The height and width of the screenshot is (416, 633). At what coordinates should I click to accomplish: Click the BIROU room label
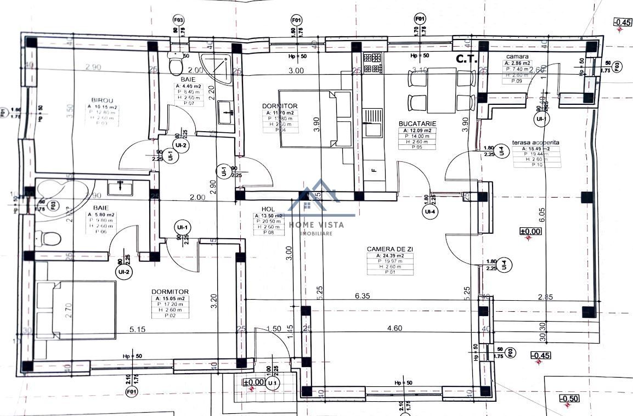coord(102,100)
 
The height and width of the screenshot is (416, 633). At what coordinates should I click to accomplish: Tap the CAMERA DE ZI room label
coord(390,249)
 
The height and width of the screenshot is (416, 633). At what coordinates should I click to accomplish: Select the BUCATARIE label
coord(417,123)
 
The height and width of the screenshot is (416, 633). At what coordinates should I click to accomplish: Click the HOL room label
coord(268,209)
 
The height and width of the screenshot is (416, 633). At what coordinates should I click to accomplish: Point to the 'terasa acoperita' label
coord(535,142)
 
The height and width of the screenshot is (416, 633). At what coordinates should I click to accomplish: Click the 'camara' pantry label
coord(517,57)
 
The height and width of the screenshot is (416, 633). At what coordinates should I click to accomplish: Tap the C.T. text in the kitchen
coord(467,58)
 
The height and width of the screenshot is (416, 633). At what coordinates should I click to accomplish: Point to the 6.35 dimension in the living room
coord(363,295)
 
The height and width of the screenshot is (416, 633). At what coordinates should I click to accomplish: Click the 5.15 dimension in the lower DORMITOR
coord(140,329)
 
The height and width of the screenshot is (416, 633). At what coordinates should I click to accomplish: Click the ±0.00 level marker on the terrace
coord(530,231)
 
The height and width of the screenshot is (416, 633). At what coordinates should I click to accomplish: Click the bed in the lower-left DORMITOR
coord(75,311)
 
